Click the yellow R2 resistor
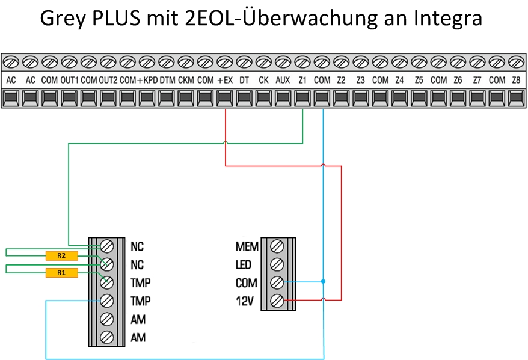[61, 255]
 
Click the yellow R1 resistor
[61, 273]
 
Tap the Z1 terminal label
[302, 80]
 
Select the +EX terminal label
[225, 80]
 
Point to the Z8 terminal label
[515, 80]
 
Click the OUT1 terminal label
[69, 80]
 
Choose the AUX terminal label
[283, 80]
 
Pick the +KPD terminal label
[147, 80]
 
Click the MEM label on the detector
[247, 246]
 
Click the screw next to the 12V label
[277, 300]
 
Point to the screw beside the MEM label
[277, 246]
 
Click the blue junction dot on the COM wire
[323, 281]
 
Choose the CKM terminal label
[186, 80]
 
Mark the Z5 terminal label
[419, 80]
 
